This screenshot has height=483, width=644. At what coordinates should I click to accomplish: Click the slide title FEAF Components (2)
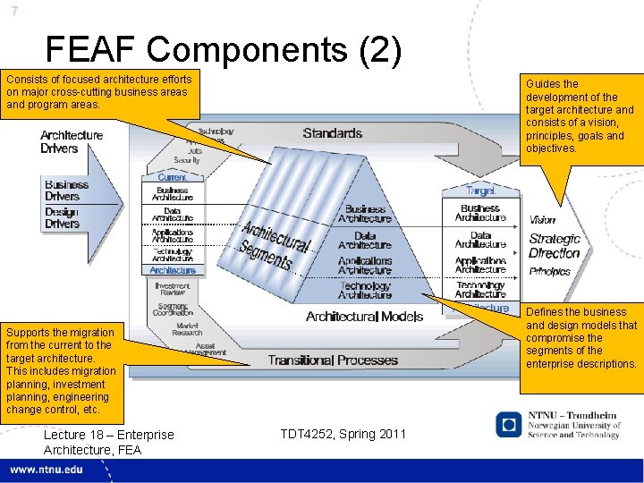(x=224, y=52)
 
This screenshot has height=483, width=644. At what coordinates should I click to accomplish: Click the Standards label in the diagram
(x=332, y=133)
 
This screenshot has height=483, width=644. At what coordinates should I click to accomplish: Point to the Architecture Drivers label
(x=72, y=142)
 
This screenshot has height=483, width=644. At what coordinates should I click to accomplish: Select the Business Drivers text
(x=67, y=190)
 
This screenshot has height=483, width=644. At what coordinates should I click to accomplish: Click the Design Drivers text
(x=62, y=217)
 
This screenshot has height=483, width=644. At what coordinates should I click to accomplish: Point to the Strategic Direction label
(x=555, y=246)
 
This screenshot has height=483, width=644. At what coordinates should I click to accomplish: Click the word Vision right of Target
(x=542, y=220)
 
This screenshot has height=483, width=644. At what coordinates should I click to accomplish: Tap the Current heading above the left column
(x=172, y=178)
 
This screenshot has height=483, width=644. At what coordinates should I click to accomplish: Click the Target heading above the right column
(x=479, y=191)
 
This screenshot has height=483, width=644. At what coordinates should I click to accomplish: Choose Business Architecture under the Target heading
(x=480, y=213)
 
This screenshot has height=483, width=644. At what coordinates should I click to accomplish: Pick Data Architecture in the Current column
(x=172, y=215)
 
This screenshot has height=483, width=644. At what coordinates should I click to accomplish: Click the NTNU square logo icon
(x=509, y=424)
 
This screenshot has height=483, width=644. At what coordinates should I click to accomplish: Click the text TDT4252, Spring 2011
(x=343, y=434)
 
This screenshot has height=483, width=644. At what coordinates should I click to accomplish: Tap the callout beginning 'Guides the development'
(x=580, y=116)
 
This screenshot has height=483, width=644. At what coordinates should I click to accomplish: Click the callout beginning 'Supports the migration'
(x=61, y=370)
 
